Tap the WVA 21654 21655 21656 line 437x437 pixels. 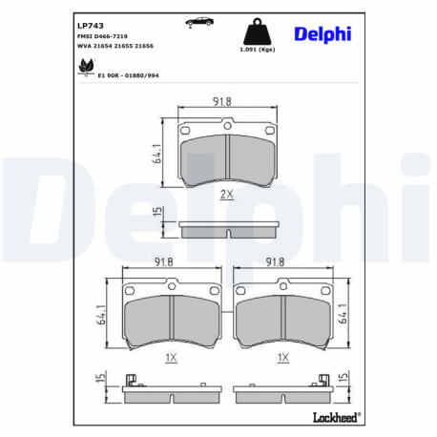[x=114, y=46]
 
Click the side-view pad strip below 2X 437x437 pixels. [x=226, y=230]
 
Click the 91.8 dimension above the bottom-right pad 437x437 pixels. [x=277, y=260]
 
